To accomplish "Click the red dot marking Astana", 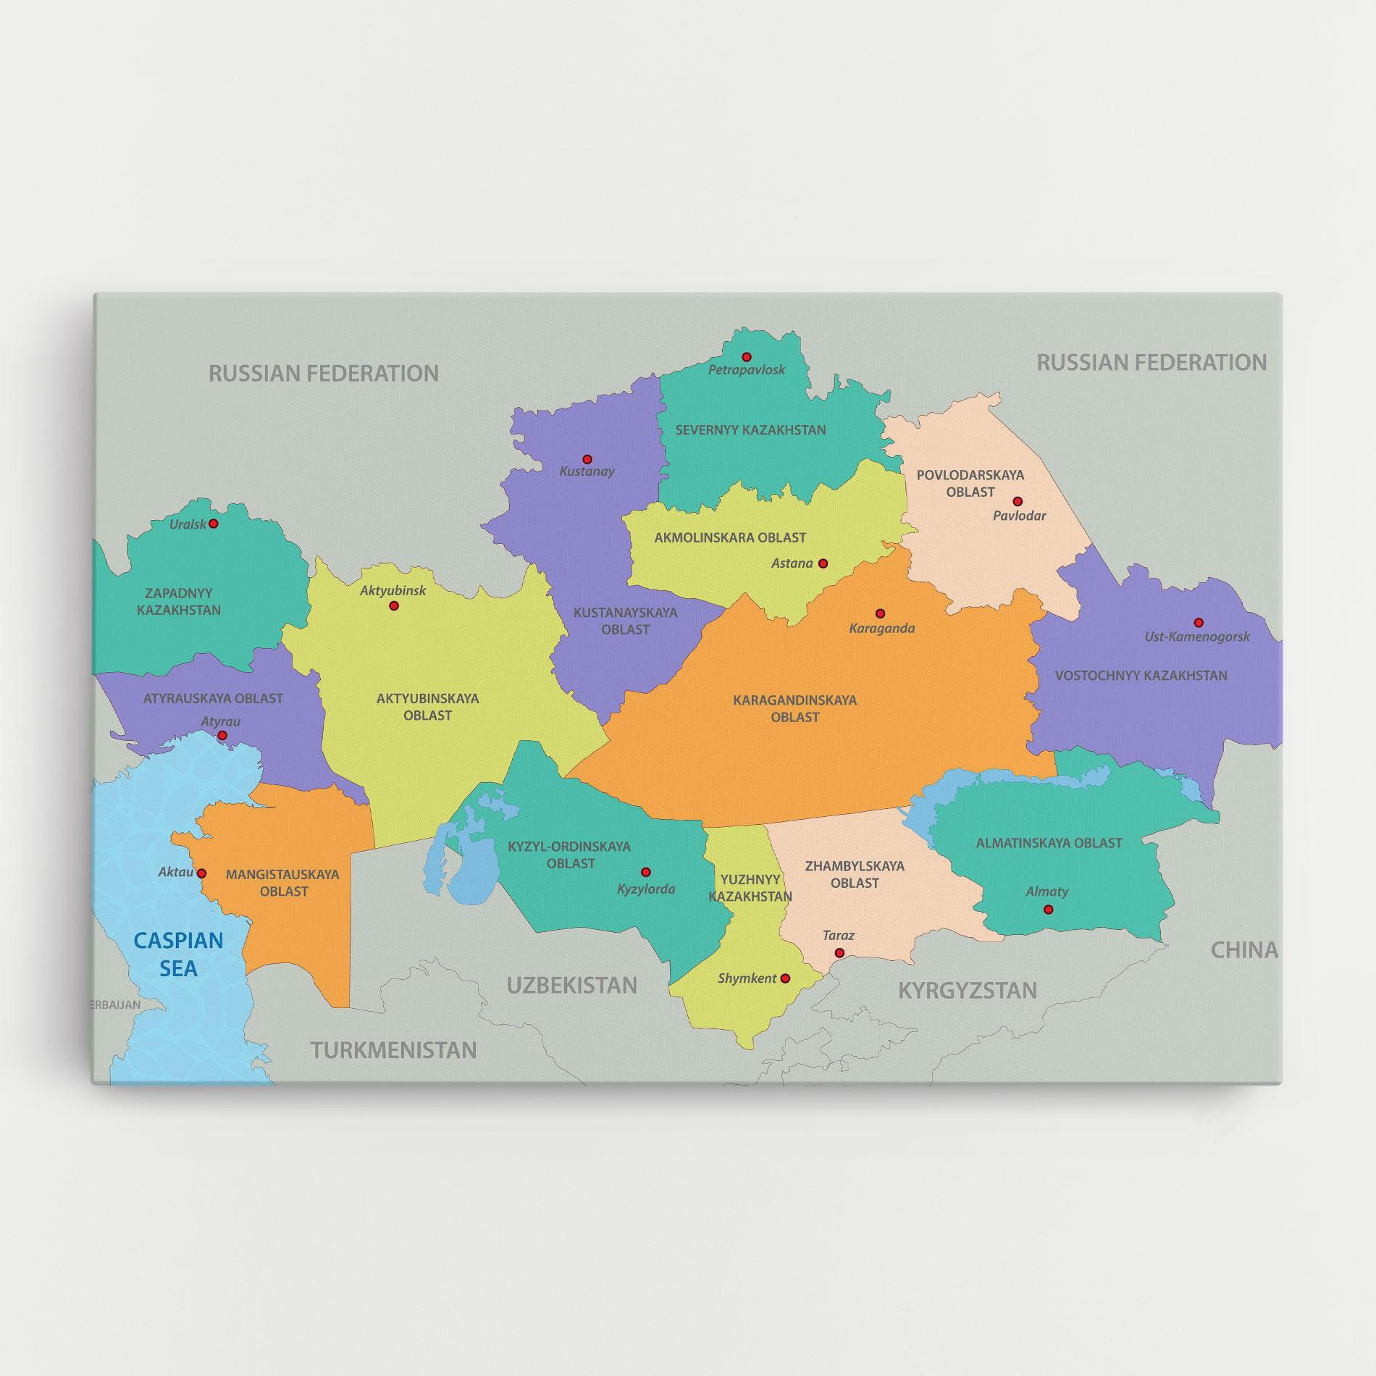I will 823,563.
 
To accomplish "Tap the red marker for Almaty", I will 1048,910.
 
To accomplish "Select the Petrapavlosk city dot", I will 747,357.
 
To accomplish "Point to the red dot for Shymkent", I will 785,978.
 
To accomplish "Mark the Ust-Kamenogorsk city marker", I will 1199,622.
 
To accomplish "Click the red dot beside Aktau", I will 202,873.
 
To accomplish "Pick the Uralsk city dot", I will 213,524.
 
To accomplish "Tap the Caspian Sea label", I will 178,954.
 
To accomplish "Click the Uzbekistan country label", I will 571,985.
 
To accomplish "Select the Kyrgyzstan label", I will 968,990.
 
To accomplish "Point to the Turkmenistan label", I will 394,1050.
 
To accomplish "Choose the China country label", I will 1243,950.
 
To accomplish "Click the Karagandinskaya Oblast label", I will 794,708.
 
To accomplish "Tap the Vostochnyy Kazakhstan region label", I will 1141,676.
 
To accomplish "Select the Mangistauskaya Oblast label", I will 282,883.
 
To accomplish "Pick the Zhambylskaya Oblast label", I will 855,874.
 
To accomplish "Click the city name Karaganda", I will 881,628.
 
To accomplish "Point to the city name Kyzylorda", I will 646,889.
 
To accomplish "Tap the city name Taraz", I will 839,936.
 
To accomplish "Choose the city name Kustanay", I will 587,471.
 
